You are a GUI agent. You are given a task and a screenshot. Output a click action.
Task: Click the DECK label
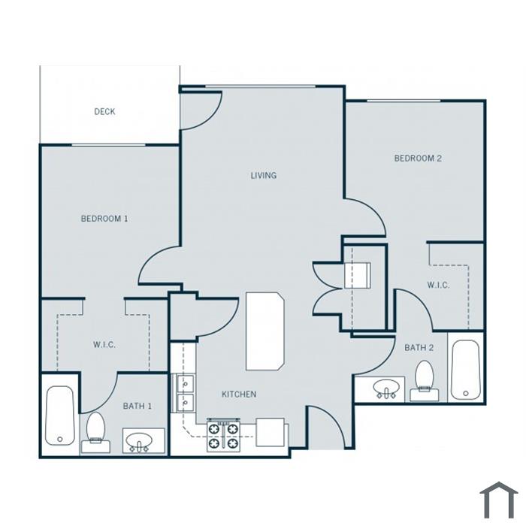click(104, 111)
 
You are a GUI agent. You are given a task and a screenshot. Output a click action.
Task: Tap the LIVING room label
click(264, 175)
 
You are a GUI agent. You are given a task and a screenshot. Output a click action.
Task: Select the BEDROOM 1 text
click(104, 219)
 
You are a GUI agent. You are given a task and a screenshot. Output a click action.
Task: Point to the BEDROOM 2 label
click(418, 158)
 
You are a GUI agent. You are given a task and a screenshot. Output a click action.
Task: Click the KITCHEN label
click(239, 394)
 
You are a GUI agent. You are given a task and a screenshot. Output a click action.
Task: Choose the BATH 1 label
click(138, 407)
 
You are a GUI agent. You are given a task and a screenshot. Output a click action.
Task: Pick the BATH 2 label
click(419, 347)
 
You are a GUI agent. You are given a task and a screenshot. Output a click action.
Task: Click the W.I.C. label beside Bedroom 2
click(438, 285)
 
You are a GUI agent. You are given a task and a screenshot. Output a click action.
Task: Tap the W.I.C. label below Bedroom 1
click(104, 344)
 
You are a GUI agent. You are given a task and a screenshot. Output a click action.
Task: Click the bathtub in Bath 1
click(59, 416)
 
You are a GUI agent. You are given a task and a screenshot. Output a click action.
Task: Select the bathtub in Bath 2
click(465, 370)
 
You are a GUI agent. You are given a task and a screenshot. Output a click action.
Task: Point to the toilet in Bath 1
click(95, 433)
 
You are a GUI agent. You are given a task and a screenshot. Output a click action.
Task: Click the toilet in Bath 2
click(425, 381)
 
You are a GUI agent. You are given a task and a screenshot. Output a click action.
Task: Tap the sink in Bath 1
click(144, 441)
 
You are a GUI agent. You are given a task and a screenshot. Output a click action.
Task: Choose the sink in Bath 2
click(386, 389)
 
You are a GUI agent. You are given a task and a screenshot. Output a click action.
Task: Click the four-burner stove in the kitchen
click(223, 435)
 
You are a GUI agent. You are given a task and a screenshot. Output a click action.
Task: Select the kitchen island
click(265, 331)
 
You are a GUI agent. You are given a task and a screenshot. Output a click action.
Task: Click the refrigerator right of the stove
click(271, 432)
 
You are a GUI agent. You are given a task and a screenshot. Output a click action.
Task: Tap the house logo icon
click(499, 500)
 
